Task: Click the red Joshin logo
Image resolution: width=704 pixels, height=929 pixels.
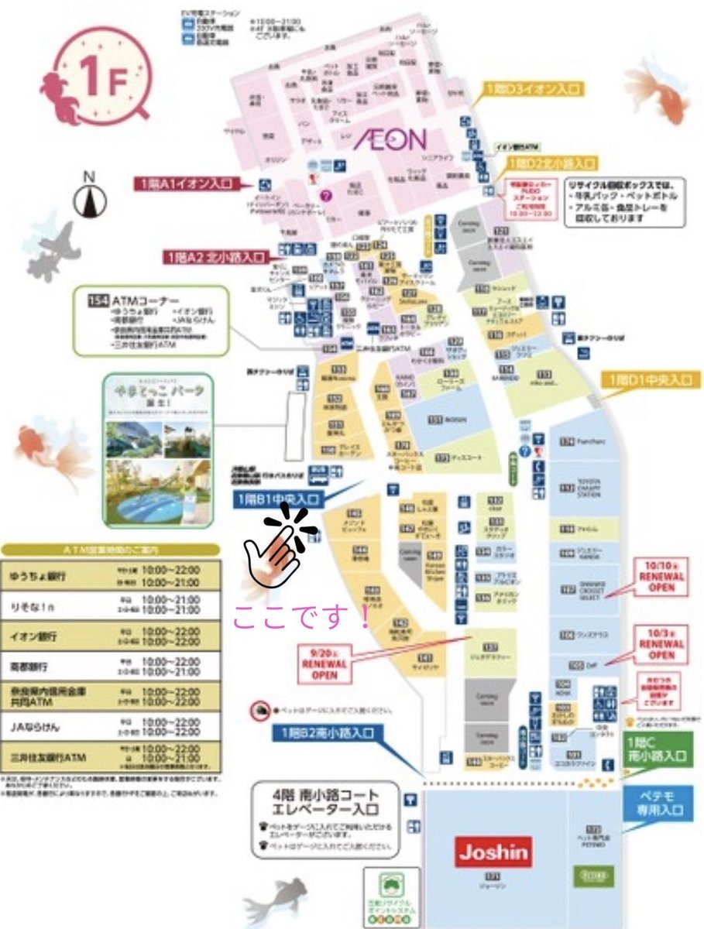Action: click(x=494, y=853)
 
